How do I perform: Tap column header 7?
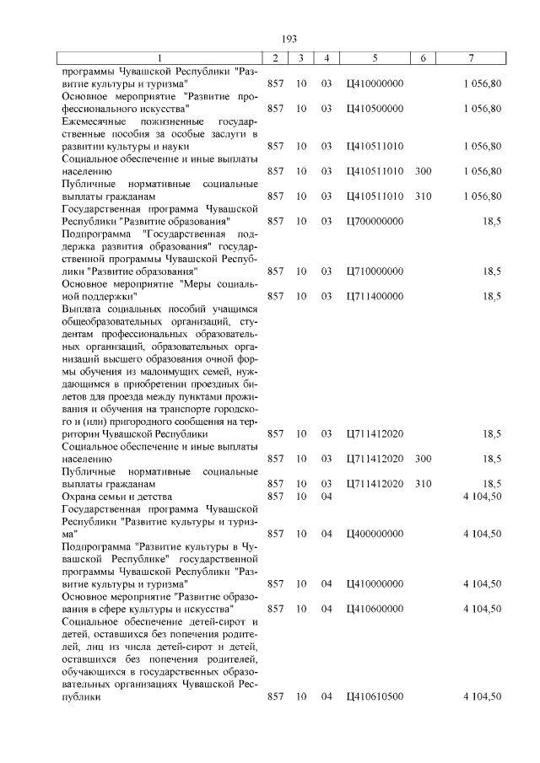tap(472, 57)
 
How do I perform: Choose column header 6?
tap(423, 57)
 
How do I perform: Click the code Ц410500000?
tap(375, 109)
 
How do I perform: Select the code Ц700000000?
tap(375, 221)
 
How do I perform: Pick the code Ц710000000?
tap(375, 271)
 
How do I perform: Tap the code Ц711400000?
tap(375, 297)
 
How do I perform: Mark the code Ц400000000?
tap(375, 534)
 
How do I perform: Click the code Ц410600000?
tap(375, 609)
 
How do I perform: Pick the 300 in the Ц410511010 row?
tap(424, 171)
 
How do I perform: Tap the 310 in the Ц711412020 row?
tap(424, 484)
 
